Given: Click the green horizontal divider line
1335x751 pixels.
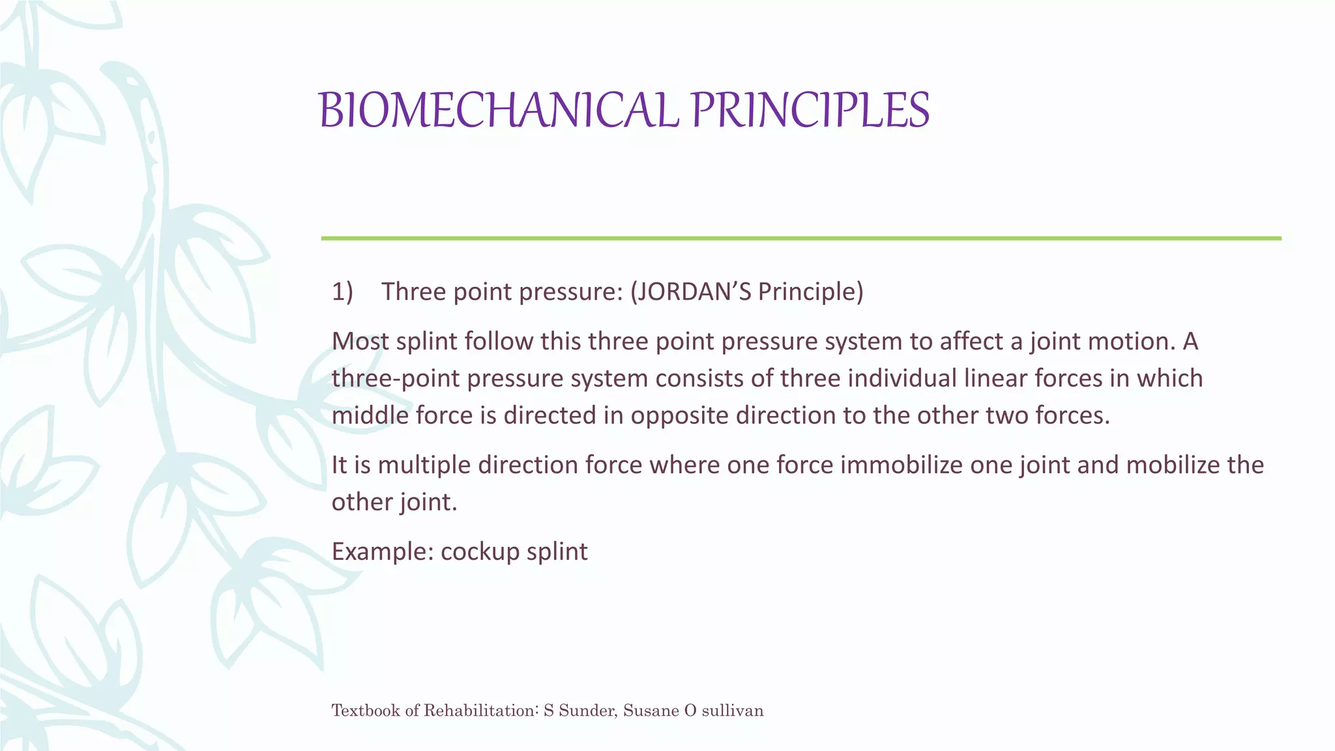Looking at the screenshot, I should click(800, 239).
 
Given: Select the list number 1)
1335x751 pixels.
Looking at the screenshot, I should click(342, 291).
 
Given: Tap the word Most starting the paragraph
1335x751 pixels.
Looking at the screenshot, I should click(360, 341).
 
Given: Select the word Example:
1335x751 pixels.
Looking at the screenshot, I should click(383, 552).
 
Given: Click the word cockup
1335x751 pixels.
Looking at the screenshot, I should click(479, 552).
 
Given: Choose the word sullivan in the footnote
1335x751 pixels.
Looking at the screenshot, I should click(732, 710).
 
